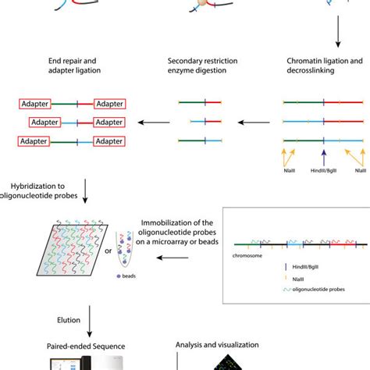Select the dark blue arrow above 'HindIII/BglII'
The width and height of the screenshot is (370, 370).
(x=323, y=155)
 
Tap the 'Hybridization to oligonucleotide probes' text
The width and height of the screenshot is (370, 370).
(x=43, y=192)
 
